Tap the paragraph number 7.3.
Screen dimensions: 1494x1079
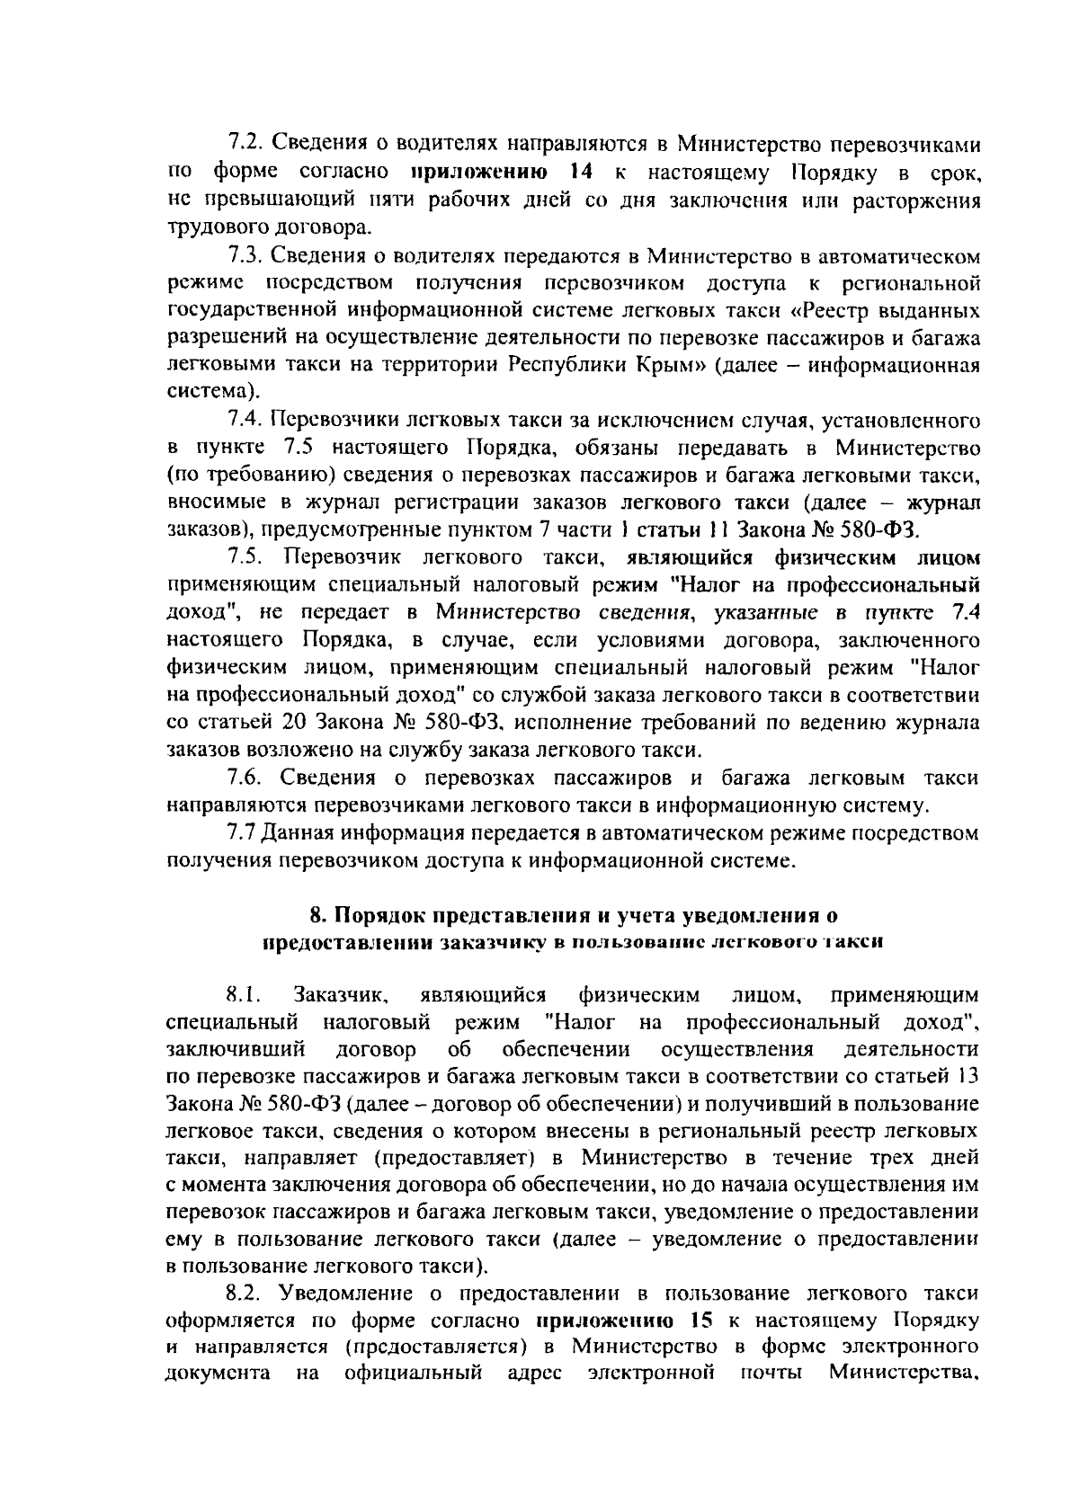pos(243,256)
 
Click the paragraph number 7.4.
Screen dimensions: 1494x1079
pos(243,420)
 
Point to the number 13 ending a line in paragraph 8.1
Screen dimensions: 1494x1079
pos(968,1077)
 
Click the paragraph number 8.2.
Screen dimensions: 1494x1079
pos(243,1294)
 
